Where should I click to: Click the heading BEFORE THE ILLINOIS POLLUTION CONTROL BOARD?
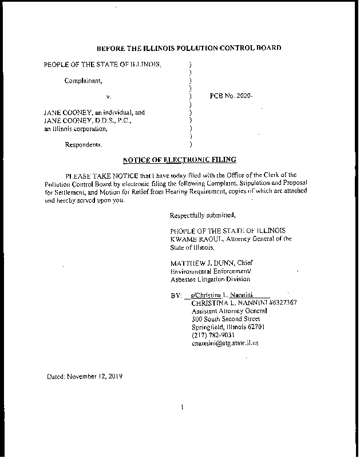coord(189,48)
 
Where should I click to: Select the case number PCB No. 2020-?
coord(231,96)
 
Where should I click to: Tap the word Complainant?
coord(84,80)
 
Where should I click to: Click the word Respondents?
coord(84,144)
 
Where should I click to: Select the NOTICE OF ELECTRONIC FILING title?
coord(179,160)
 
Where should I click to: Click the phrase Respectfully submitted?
coord(203,215)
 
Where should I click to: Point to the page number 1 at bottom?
coord(181,407)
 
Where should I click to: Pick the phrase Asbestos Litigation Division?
coord(210,279)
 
